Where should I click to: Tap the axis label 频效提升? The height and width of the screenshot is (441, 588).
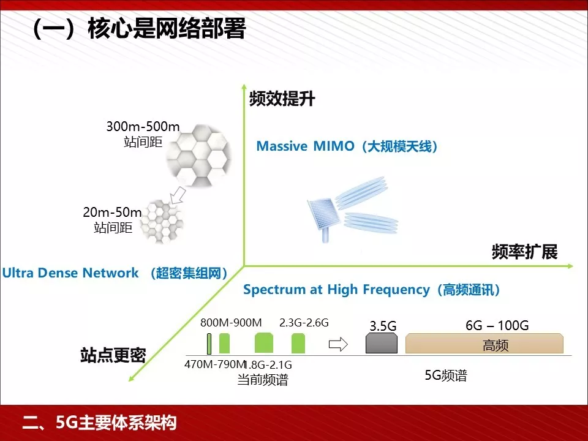282,99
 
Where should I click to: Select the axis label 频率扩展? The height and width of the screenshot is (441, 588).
524,252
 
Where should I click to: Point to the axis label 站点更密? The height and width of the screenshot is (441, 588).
113,355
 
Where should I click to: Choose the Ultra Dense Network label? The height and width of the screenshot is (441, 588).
115,273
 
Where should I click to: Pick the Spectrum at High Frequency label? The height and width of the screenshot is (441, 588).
372,290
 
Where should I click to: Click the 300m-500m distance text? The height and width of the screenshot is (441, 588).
143,127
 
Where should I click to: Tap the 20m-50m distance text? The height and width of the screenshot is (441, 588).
112,213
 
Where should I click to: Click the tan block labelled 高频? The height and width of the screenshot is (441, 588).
484,344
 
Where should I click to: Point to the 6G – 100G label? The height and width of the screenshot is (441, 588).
497,325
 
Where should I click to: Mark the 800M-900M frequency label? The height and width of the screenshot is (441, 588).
231,323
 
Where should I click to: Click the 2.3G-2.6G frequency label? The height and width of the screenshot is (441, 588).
304,323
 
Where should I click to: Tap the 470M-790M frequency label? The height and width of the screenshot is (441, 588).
214,365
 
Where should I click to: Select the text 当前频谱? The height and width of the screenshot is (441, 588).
263,380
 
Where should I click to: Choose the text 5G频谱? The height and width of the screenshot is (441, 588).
446,375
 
